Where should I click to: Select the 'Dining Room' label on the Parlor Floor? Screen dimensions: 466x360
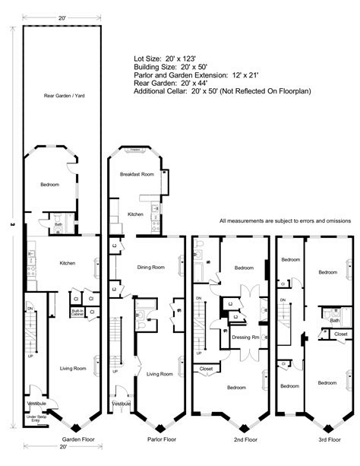(153, 267)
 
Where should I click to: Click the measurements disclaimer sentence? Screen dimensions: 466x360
(284, 221)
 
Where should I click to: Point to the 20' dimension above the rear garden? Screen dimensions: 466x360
(59, 17)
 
